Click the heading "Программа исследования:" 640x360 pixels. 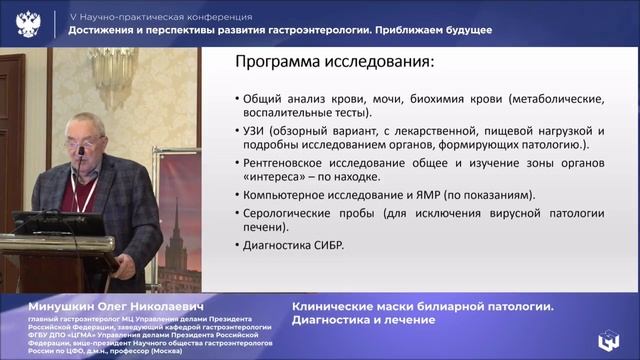coord(334,63)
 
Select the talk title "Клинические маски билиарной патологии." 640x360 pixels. coord(422,306)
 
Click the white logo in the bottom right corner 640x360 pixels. coord(609,340)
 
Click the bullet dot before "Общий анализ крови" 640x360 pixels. coord(234,100)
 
